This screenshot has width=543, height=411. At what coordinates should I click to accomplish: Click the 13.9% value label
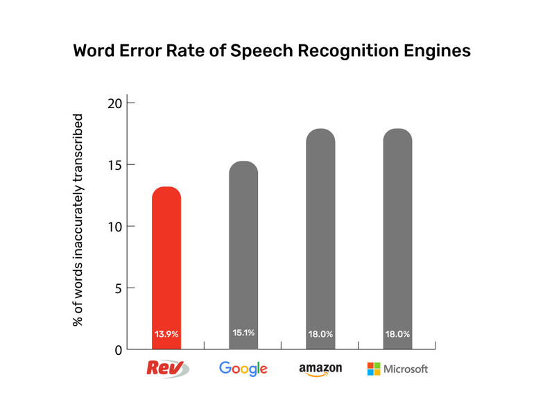click(x=166, y=334)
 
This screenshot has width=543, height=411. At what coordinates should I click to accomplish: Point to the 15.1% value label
click(x=243, y=333)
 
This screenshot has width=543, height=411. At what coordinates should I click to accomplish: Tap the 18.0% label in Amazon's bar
click(x=320, y=334)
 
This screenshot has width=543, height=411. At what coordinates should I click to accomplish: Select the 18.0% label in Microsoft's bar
click(x=397, y=334)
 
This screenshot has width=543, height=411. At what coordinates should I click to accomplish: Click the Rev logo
click(x=166, y=368)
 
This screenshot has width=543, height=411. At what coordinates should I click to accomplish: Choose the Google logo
click(x=243, y=369)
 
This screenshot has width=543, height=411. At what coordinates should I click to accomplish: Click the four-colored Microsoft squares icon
click(x=373, y=369)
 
